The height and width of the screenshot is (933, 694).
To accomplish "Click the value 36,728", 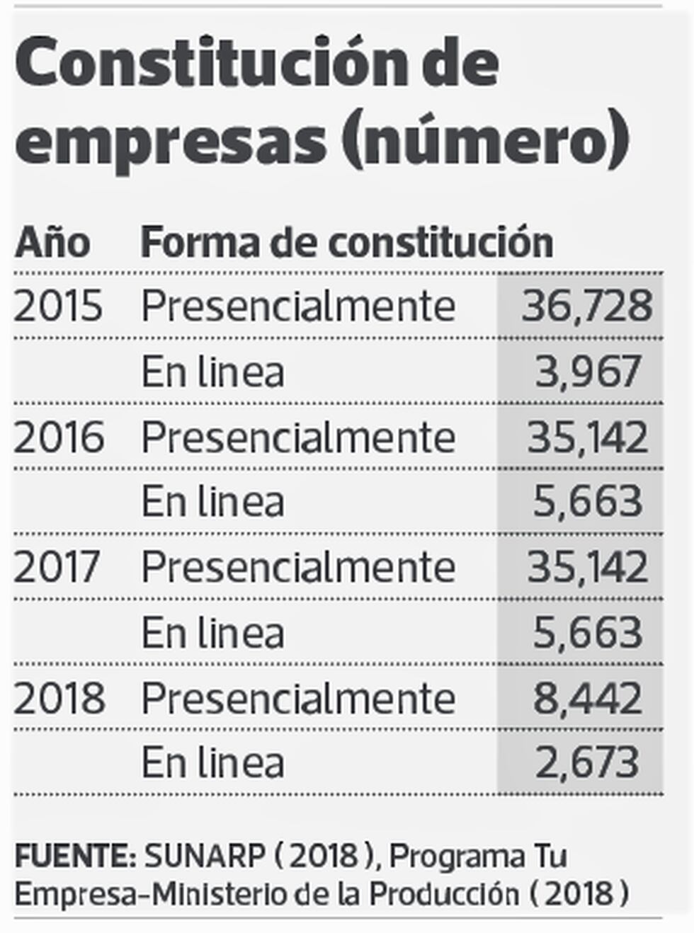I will point(586,306).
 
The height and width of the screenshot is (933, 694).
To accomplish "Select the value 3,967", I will point(588,372).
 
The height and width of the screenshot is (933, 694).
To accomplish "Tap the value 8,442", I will point(588,699).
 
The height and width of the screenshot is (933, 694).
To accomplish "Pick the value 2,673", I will point(588,763).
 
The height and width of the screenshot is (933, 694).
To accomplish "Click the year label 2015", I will point(58,306).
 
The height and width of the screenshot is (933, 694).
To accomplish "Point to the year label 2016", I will point(59,437).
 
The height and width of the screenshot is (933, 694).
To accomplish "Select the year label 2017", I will point(57,567).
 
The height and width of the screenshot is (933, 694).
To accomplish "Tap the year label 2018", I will point(59,699).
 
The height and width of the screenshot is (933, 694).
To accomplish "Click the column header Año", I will point(52,243).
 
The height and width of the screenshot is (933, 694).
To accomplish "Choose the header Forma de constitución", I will point(346,243).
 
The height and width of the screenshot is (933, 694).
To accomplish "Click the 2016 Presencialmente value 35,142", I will point(588,437).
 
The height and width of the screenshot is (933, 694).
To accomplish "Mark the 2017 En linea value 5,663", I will point(588,633).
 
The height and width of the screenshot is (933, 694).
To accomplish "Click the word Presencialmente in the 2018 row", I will point(298,699).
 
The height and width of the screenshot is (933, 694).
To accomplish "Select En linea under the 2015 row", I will point(212,372).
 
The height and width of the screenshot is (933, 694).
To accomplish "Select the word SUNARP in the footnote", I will point(205,857).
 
